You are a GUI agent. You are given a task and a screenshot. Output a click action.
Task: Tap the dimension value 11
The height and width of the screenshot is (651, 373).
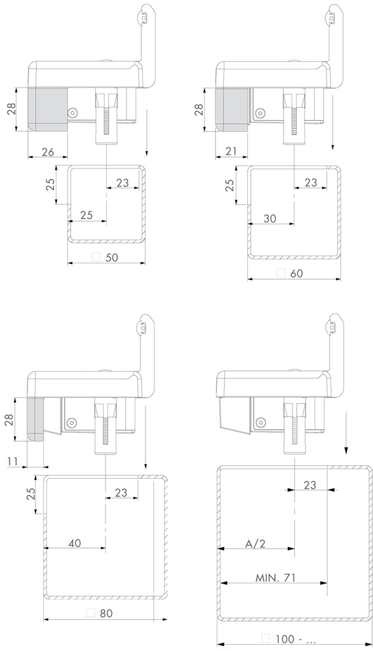[x=12, y=462]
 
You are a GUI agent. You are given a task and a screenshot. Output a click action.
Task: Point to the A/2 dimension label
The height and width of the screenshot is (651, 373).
[x=255, y=544]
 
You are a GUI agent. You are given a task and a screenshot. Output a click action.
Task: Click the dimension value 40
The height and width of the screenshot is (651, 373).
[x=74, y=544]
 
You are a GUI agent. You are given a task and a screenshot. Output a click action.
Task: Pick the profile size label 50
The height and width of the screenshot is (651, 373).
[x=113, y=257]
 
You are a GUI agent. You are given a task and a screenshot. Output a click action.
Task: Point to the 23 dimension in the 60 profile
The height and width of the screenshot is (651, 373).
[x=310, y=182]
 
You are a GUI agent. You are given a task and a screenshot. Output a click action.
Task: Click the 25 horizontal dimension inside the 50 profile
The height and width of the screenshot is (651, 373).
[x=87, y=215]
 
